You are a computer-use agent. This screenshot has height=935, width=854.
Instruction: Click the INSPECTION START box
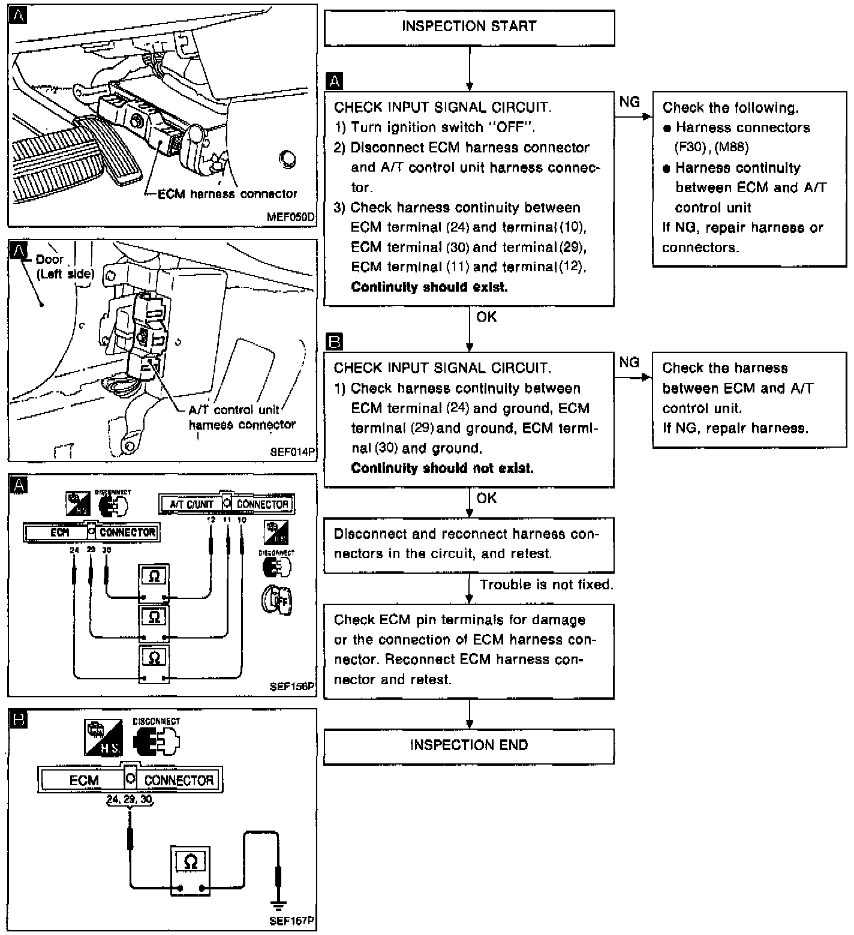469,27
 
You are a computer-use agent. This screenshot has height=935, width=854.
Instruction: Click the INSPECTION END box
469,745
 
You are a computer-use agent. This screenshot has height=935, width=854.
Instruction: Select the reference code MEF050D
291,217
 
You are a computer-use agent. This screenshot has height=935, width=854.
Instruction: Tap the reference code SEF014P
293,452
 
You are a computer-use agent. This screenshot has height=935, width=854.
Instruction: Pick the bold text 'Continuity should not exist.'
442,468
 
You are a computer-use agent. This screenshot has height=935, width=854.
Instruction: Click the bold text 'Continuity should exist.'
429,287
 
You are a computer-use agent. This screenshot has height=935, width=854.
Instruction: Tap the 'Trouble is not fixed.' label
546,585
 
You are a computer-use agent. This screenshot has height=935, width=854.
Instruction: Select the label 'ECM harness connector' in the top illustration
227,194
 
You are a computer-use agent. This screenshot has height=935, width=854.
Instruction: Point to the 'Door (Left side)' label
65,266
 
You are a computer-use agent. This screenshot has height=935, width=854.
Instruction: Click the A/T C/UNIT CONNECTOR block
226,504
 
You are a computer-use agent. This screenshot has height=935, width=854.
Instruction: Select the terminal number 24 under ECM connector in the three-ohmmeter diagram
74,550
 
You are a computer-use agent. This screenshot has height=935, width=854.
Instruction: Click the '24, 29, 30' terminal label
130,799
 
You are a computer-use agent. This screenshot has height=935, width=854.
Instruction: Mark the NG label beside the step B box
629,362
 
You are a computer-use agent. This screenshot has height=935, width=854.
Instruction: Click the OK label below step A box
486,317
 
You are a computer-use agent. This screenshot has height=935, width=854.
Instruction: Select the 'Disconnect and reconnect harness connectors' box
469,544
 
